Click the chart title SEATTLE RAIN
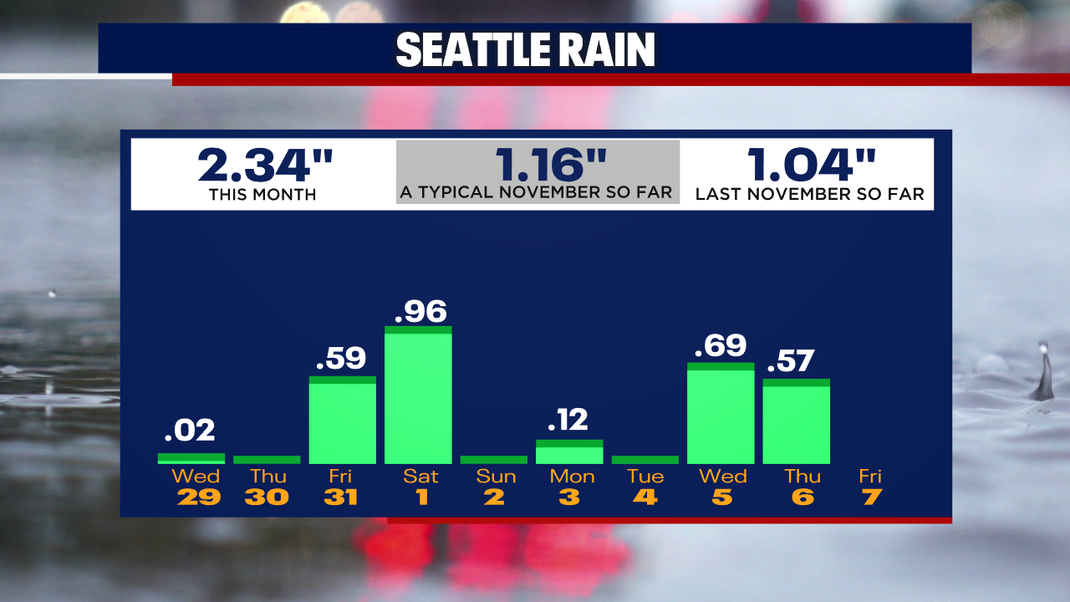[x=525, y=51]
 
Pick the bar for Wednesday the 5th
[x=721, y=414]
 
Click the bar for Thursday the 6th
[x=796, y=422]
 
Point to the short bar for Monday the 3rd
[x=569, y=452]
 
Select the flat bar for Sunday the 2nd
[x=494, y=460]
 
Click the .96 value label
[x=420, y=311]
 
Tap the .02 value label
[x=190, y=431]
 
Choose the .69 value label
[x=720, y=345]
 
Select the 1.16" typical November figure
[x=538, y=164]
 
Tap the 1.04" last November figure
[x=811, y=165]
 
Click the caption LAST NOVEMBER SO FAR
[x=809, y=194]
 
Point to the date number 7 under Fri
[x=871, y=497]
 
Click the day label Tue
[x=645, y=477]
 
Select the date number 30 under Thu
[x=267, y=497]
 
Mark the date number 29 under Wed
[x=198, y=497]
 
